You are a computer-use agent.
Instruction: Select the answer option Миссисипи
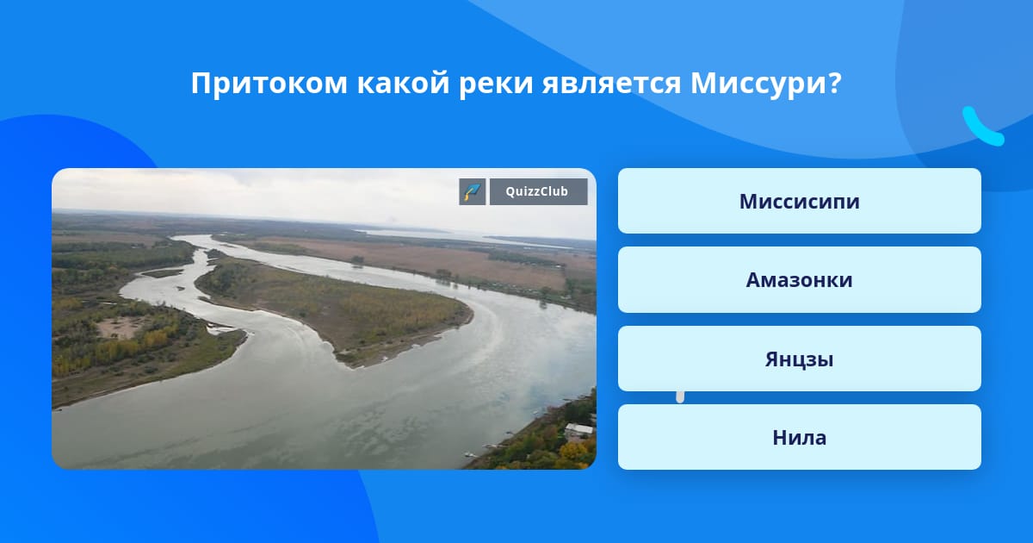pyautogui.click(x=799, y=201)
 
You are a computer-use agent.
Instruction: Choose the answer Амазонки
pyautogui.click(x=799, y=280)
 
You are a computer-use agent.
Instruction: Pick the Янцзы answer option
pyautogui.click(x=799, y=359)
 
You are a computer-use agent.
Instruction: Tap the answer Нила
pyautogui.click(x=799, y=437)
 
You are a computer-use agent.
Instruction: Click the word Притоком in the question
pyautogui.click(x=269, y=83)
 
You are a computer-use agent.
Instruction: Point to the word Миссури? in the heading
pyautogui.click(x=766, y=83)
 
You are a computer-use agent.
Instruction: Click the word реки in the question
pyautogui.click(x=496, y=84)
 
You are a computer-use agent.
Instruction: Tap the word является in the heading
pyautogui.click(x=611, y=84)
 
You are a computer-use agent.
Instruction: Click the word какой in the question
pyautogui.click(x=403, y=83)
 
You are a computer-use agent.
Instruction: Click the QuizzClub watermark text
pyautogui.click(x=537, y=191)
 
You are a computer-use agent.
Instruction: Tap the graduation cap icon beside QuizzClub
pyautogui.click(x=473, y=191)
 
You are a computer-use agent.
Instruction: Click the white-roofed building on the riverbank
pyautogui.click(x=578, y=430)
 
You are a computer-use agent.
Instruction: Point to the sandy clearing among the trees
pyautogui.click(x=119, y=327)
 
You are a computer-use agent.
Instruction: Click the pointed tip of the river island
pyautogui.click(x=354, y=365)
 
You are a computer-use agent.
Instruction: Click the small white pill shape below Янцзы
pyautogui.click(x=680, y=397)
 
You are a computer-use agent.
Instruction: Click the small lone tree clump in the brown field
pyautogui.click(x=356, y=261)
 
